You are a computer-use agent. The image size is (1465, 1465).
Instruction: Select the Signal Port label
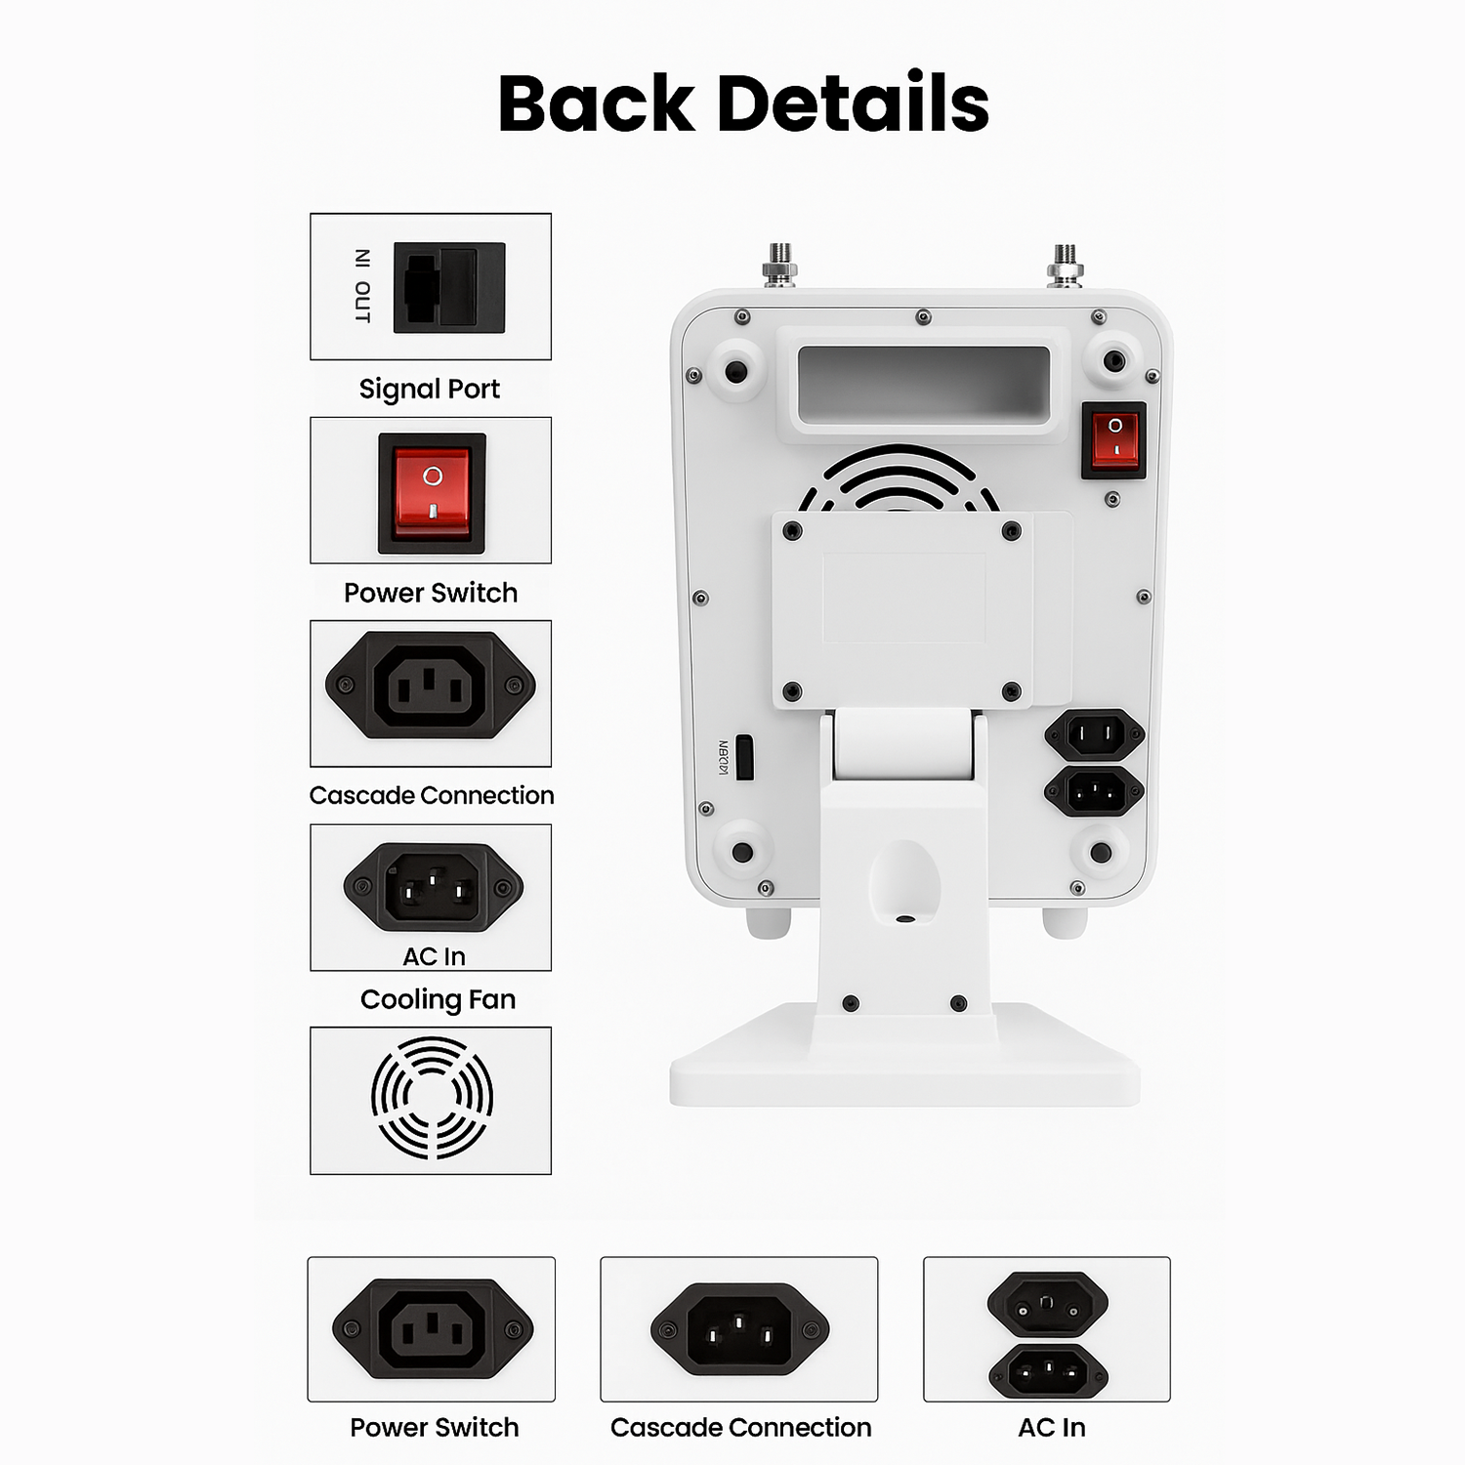point(429,389)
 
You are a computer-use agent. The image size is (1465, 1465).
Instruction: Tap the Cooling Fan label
point(438,999)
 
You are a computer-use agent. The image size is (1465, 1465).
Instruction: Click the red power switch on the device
point(1113,439)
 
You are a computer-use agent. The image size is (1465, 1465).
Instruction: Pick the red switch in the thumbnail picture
point(432,492)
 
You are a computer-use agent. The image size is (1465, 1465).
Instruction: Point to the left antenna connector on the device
point(778,265)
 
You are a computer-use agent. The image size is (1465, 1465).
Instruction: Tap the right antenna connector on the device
point(1065,265)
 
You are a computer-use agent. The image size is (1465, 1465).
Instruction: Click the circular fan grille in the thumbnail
point(432,1098)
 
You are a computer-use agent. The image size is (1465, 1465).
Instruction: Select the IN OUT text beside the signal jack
point(362,286)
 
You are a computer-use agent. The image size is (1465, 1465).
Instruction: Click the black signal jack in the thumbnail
point(449,287)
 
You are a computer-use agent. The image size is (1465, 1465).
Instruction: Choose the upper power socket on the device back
point(1094,733)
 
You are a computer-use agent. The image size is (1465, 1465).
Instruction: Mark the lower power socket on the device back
point(1094,791)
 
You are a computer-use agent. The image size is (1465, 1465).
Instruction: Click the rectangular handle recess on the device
point(923,385)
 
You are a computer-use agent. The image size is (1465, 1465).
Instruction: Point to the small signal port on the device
point(744,757)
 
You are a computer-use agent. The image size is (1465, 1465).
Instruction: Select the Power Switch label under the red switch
point(431,593)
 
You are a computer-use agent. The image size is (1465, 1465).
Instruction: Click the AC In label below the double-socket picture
point(1051,1427)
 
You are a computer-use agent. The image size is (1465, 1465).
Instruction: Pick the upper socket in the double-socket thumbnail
point(1047,1303)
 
